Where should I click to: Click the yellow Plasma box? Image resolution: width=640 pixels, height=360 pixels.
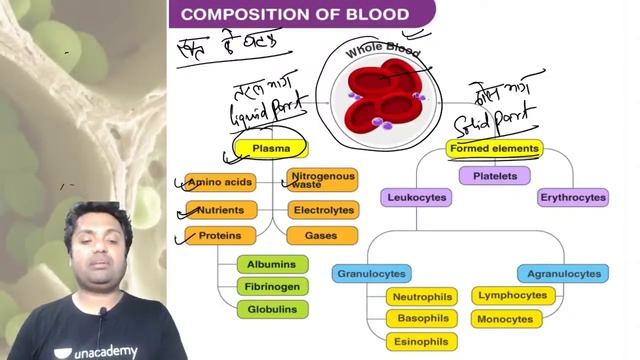(x=271, y=149)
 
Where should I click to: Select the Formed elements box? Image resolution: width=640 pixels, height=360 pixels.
(x=494, y=149)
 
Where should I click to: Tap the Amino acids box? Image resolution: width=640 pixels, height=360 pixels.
(x=221, y=182)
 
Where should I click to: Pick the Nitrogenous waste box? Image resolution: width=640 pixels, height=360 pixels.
(x=322, y=180)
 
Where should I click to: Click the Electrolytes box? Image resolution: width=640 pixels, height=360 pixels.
(x=323, y=210)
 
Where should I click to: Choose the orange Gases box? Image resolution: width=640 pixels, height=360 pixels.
(x=323, y=236)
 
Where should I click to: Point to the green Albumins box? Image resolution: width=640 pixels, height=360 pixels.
(x=272, y=264)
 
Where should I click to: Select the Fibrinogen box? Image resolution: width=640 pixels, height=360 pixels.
(x=272, y=287)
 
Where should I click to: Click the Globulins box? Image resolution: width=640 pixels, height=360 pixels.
(x=272, y=310)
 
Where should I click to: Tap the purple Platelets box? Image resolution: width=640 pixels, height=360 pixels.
(x=494, y=176)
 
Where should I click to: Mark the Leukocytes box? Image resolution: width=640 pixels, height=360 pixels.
(x=416, y=198)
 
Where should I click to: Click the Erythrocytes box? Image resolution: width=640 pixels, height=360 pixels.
(x=573, y=198)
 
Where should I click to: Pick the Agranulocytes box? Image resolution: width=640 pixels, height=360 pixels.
(x=563, y=273)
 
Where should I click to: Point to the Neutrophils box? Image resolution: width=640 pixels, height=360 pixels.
(x=422, y=297)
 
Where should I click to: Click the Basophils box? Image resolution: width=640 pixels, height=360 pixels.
(x=422, y=318)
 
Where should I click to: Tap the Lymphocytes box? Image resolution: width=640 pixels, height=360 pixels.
(x=513, y=296)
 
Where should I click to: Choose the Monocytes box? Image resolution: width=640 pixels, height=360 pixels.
(x=506, y=319)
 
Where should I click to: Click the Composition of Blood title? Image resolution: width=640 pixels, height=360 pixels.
(x=295, y=14)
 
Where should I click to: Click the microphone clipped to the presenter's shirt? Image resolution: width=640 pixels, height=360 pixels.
(x=102, y=314)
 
